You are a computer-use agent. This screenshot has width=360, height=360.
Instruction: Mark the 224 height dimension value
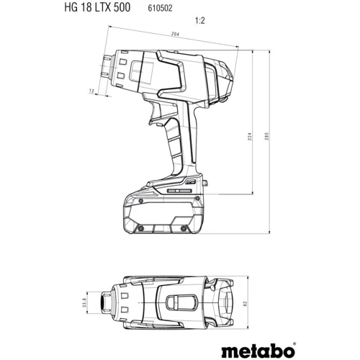[248, 140]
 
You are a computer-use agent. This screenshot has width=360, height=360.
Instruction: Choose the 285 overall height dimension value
[267, 140]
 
